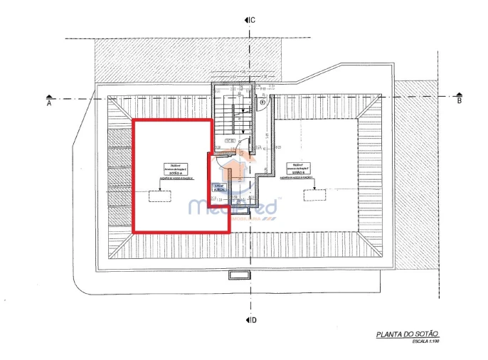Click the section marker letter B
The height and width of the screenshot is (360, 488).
coord(460,102)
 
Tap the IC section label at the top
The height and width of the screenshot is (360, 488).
coord(252,20)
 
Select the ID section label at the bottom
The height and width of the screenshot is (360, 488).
coord(253,319)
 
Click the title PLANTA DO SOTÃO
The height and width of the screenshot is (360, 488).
coord(408,334)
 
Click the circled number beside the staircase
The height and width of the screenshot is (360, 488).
coord(262,102)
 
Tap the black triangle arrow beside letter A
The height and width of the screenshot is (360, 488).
coord(49,95)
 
